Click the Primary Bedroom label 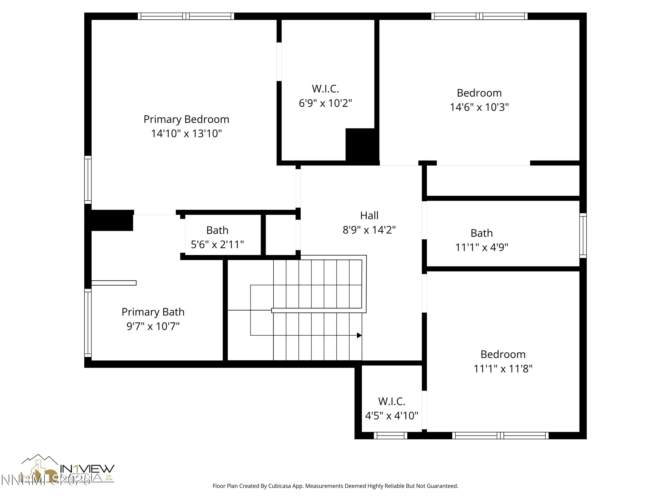(x=186, y=119)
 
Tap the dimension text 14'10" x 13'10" (x=186, y=133)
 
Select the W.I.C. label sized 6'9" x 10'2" (x=325, y=89)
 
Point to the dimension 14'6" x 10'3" (x=479, y=107)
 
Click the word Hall (x=369, y=216)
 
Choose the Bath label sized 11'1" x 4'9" (x=481, y=233)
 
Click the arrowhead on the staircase (x=359, y=335)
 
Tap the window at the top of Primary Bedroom (x=186, y=16)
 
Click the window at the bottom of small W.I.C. (x=390, y=436)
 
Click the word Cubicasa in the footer (x=279, y=486)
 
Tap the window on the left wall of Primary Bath (x=88, y=323)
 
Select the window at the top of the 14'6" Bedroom (x=479, y=16)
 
